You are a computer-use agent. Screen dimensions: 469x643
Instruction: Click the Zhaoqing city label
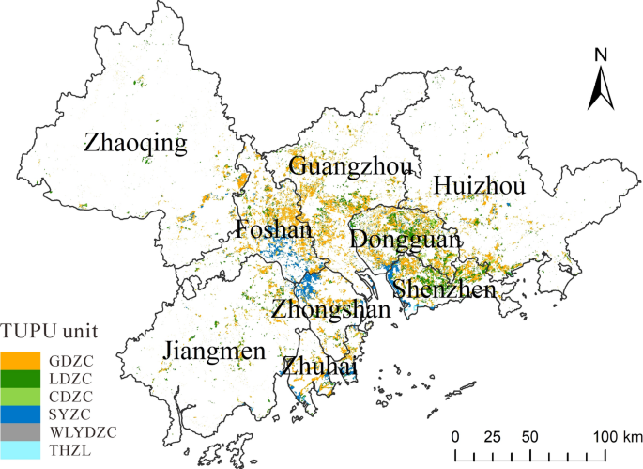[135, 144]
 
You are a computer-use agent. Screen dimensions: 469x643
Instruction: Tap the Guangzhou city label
[350, 167]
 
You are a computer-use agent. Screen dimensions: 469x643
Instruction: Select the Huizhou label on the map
[479, 187]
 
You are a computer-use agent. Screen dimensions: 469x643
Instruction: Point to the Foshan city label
[273, 230]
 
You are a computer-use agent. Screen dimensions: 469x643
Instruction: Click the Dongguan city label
[406, 241]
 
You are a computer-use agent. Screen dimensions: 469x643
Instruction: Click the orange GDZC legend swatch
[21, 360]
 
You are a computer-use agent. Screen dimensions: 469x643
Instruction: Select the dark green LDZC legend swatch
[21, 378]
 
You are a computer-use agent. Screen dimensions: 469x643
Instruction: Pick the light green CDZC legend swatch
[21, 396]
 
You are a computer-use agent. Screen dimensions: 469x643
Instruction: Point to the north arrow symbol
[601, 89]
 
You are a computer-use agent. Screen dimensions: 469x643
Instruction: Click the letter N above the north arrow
[601, 55]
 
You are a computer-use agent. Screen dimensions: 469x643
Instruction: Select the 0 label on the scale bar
[455, 437]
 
